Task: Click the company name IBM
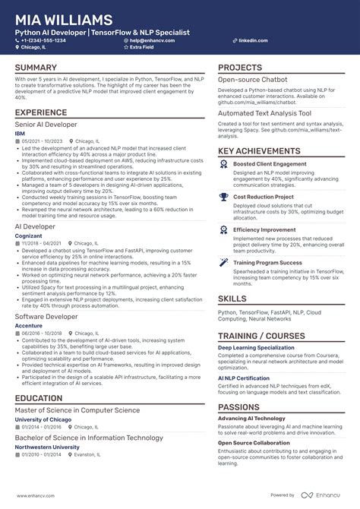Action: pos(20,133)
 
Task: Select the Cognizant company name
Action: pos(28,236)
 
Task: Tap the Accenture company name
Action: pos(29,325)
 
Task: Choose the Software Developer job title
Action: pos(47,316)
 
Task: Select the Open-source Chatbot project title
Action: pos(253,79)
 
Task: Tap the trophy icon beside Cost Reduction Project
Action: pos(224,196)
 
